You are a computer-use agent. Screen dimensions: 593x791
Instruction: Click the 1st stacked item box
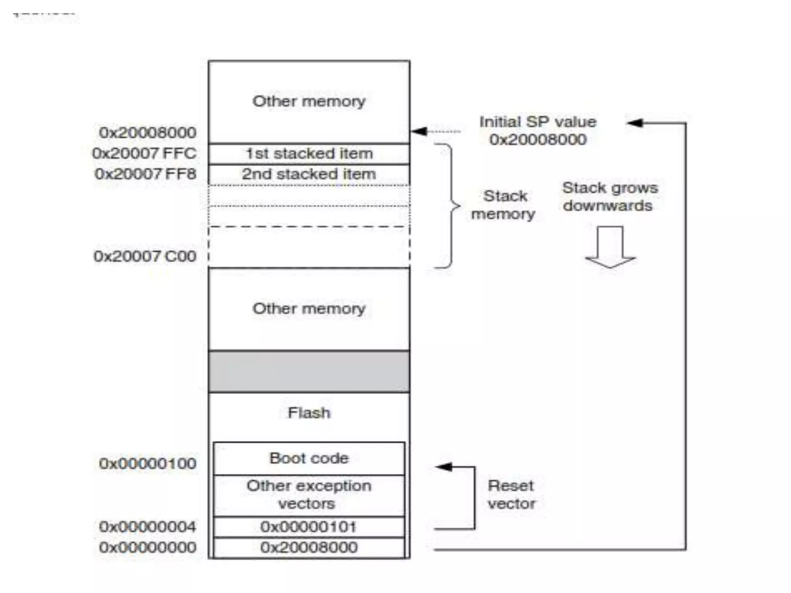click(x=309, y=154)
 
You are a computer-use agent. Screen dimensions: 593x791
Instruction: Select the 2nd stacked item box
click(x=309, y=175)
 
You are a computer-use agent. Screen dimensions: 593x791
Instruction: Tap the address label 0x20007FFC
click(x=144, y=154)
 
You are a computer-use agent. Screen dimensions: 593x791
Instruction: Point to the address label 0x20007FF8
click(x=146, y=174)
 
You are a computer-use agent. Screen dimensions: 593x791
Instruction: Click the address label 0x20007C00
click(x=145, y=256)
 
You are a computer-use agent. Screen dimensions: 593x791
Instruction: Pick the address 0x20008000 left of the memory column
click(x=148, y=133)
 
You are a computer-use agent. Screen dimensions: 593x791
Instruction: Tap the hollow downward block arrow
click(x=610, y=247)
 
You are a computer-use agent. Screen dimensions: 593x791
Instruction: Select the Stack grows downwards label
click(x=609, y=197)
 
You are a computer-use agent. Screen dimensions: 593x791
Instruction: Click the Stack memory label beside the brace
click(x=504, y=205)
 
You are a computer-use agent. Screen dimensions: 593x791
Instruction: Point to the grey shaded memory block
click(x=309, y=371)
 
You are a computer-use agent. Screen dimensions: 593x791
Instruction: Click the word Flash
click(x=309, y=413)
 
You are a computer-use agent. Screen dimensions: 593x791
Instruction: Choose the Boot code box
click(x=309, y=459)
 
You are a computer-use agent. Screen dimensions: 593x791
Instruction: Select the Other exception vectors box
click(x=309, y=495)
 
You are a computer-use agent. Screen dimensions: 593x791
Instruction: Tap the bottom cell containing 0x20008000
click(x=309, y=547)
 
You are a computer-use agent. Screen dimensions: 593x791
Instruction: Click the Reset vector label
click(x=511, y=495)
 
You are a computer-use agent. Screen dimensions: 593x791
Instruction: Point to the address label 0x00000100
click(x=148, y=464)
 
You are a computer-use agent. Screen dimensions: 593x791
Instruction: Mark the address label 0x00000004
click(x=148, y=527)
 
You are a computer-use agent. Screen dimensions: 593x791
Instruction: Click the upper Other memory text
click(x=309, y=102)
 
